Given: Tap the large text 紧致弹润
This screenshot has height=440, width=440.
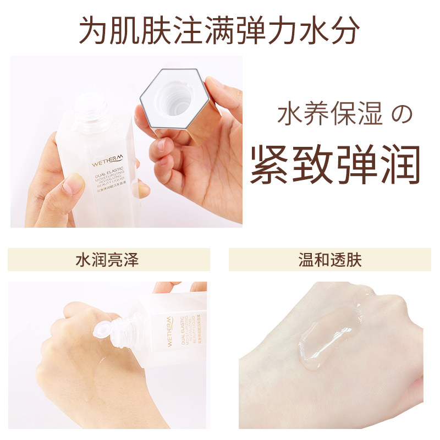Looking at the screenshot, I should tap(335, 164).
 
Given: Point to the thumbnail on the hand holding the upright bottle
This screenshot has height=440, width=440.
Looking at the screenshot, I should tap(73, 185).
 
